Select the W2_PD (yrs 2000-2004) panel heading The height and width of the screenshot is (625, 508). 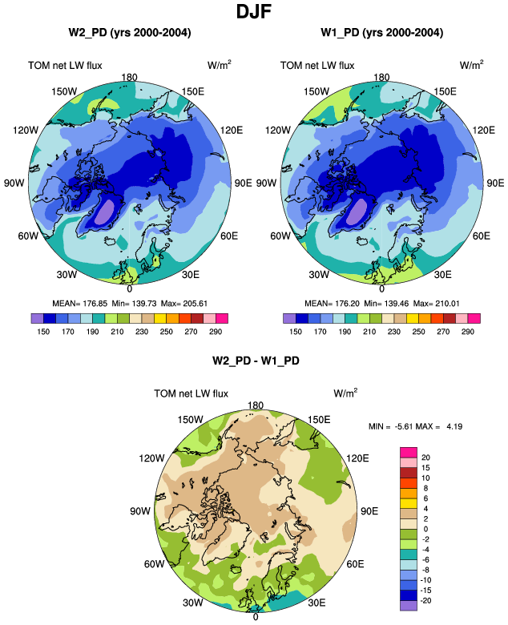pos(129,33)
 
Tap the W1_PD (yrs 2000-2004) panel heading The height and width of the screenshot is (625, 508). pos(381,33)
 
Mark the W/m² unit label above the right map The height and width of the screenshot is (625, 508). pos(471,65)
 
